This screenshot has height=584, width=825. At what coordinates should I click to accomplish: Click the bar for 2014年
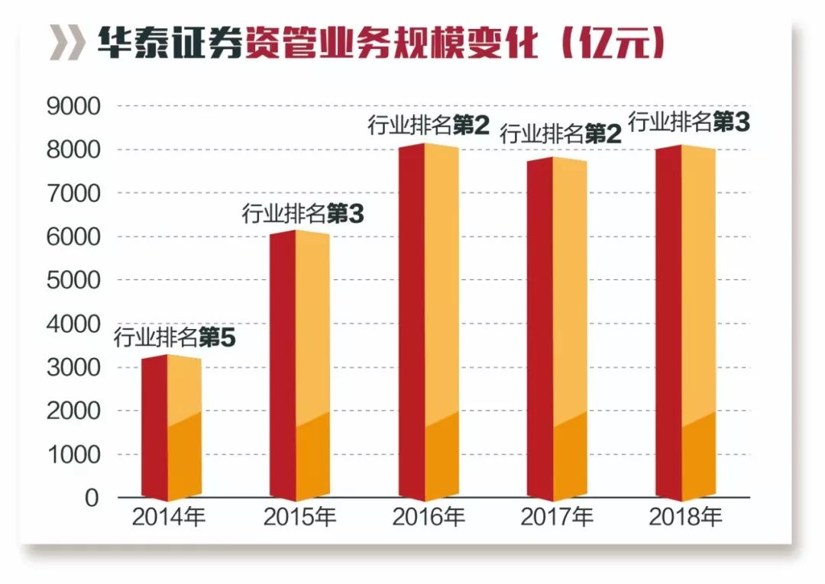coord(172,428)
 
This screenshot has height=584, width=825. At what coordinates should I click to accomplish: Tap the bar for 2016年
coord(429,321)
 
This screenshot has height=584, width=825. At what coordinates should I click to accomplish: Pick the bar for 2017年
coord(557,328)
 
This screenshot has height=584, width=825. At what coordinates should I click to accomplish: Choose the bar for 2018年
coord(685,321)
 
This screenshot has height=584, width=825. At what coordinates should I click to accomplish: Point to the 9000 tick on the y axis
coord(73,106)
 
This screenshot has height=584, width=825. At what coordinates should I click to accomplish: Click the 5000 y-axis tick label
coord(73,280)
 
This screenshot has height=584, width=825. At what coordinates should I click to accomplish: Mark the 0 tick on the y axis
coord(92,498)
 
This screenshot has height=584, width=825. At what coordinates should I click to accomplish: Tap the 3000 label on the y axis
coord(73,367)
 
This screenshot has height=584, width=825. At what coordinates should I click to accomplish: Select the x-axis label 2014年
coord(170,518)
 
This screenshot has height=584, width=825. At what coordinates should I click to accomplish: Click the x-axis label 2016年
coord(429,518)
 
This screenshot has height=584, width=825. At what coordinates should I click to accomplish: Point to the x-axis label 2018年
coord(685,518)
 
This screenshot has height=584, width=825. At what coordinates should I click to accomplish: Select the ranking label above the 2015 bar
coord(303,215)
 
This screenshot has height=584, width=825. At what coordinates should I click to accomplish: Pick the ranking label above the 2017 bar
coord(561,134)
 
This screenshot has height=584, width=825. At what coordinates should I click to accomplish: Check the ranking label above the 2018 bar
coord(688,121)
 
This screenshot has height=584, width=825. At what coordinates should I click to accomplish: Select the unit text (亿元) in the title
coord(611,44)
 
